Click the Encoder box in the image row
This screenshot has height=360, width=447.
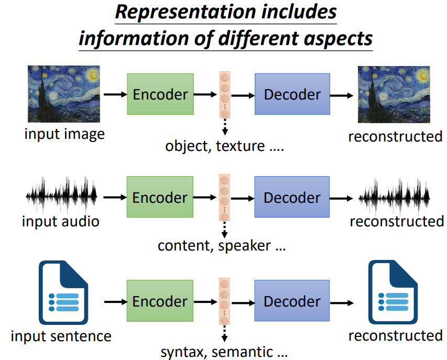(x=160, y=94)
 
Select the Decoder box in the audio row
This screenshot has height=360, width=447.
(x=292, y=198)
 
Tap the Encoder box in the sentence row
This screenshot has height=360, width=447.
(x=160, y=301)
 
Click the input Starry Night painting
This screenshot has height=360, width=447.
(x=63, y=94)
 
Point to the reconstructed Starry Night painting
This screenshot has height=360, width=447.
(x=394, y=94)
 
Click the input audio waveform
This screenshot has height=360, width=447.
(x=62, y=198)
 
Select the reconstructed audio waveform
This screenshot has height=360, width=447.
(x=394, y=198)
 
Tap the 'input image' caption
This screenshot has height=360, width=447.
(x=64, y=134)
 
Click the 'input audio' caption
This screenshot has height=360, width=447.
(x=60, y=221)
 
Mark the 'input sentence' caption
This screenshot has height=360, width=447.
(x=61, y=336)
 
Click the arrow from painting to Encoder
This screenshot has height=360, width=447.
(x=115, y=94)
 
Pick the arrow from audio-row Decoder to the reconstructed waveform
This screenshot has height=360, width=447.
(x=343, y=198)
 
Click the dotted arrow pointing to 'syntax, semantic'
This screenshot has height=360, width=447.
(x=224, y=333)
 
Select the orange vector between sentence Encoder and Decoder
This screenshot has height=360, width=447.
(x=224, y=301)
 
